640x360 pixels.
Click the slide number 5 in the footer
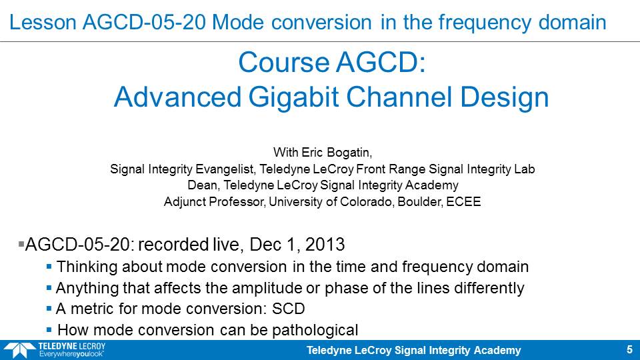pyautogui.click(x=629, y=350)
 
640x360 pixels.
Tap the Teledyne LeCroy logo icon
pyautogui.click(x=19, y=351)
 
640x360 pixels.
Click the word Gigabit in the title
pyautogui.click(x=293, y=97)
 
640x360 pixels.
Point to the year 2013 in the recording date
pyautogui.click(x=325, y=245)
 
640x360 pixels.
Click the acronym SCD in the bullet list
pyautogui.click(x=289, y=309)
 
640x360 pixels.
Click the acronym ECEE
pyautogui.click(x=463, y=201)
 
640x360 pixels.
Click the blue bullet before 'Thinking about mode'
pyautogui.click(x=49, y=267)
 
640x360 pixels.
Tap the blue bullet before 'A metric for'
pyautogui.click(x=49, y=309)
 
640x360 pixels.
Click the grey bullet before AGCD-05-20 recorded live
pyautogui.click(x=21, y=245)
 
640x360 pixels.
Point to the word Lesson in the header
pyautogui.click(x=43, y=22)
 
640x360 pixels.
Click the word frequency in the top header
pyautogui.click(x=485, y=23)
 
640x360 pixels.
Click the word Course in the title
pyautogui.click(x=284, y=63)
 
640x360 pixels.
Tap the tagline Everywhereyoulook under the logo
pyautogui.click(x=71, y=354)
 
